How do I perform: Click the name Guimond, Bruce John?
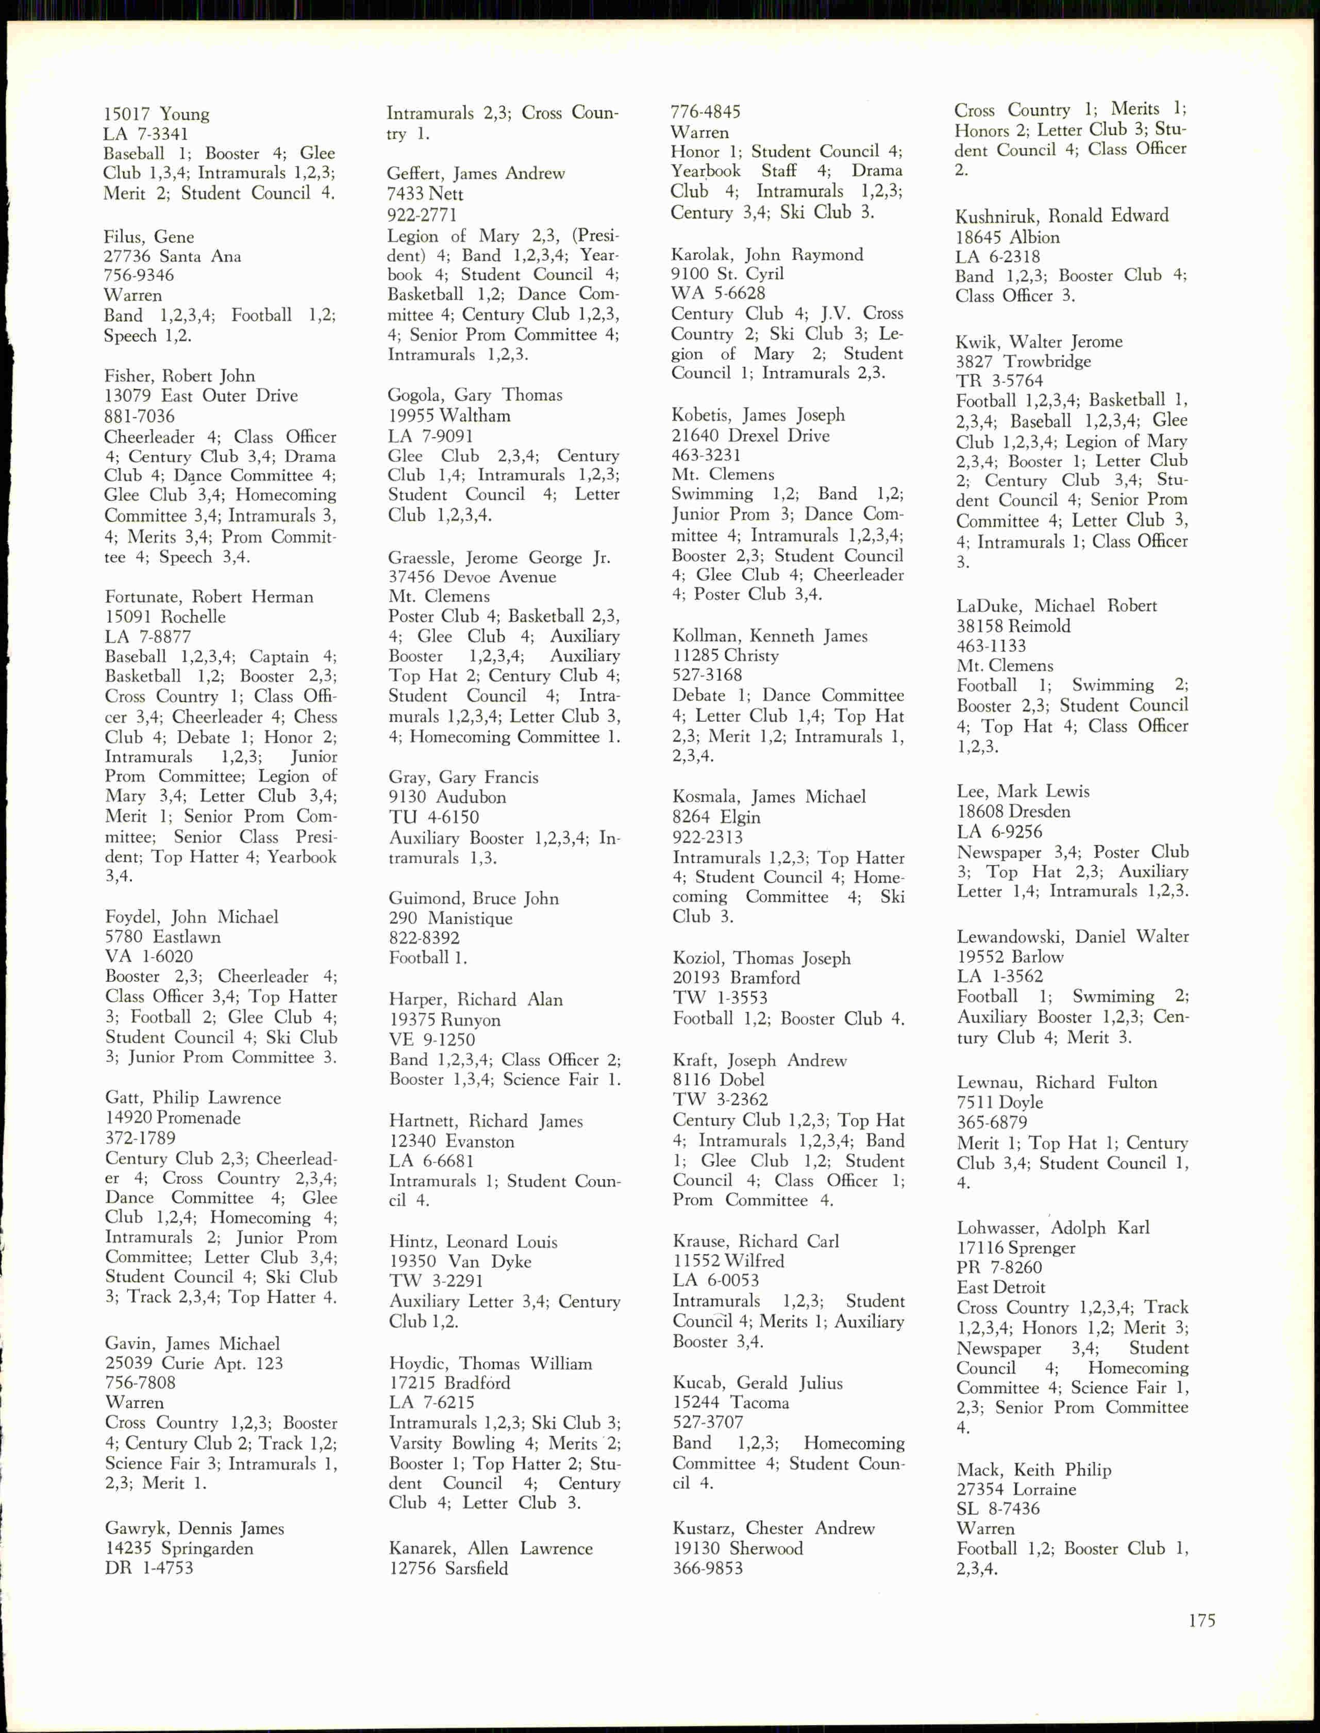[x=474, y=898]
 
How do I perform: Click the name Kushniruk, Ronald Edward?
[x=1061, y=216]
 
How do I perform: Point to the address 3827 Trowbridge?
[x=1023, y=361]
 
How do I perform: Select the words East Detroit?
[x=1000, y=1288]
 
